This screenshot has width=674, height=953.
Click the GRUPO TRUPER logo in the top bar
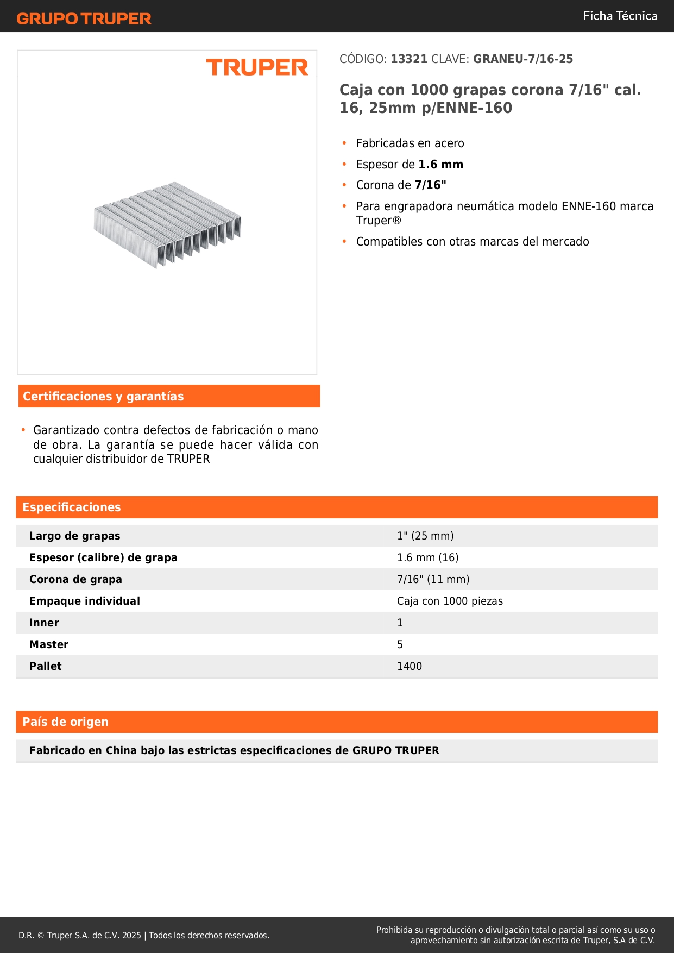tap(84, 18)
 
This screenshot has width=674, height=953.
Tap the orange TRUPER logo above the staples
tap(257, 67)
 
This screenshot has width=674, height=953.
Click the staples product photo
tap(167, 224)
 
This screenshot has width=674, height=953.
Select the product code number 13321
tap(409, 59)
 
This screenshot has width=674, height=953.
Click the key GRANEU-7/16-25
tap(522, 59)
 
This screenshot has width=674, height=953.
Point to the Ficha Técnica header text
tap(620, 16)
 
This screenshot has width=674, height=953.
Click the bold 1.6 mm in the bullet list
tap(440, 165)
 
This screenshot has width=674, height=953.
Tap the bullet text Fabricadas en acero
tap(410, 143)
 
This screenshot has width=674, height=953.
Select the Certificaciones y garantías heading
tap(103, 397)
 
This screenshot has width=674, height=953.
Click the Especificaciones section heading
tap(72, 507)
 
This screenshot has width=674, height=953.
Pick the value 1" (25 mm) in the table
tap(425, 536)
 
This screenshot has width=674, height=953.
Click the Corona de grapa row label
tap(75, 580)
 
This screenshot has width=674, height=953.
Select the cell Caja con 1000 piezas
tap(450, 601)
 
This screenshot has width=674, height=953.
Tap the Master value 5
tap(400, 645)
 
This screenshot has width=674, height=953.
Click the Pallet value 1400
tap(410, 667)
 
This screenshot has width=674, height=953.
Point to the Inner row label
tap(44, 623)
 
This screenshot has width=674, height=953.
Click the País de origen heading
tap(65, 722)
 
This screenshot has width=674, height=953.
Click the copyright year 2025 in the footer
tap(131, 936)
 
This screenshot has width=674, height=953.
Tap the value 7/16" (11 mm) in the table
tap(433, 580)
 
